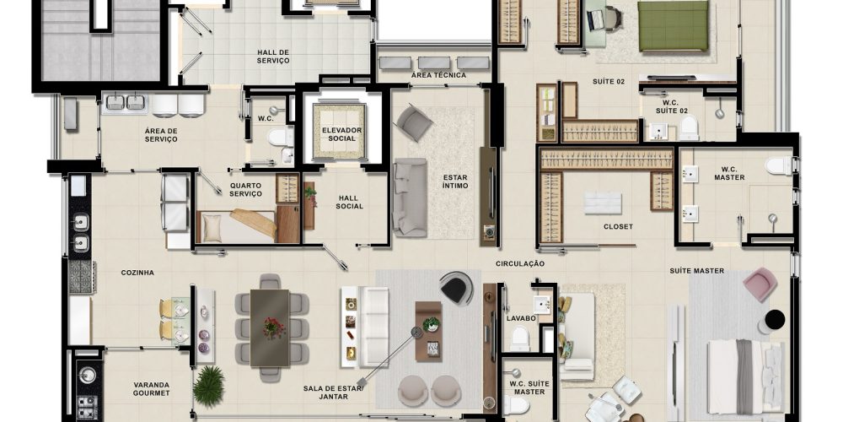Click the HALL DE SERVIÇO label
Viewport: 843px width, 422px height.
click(273, 57)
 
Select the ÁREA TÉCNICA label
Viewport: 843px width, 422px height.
click(438, 75)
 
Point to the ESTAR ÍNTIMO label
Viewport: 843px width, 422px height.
click(455, 181)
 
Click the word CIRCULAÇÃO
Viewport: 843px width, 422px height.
click(520, 263)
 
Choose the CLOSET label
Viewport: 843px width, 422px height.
click(618, 226)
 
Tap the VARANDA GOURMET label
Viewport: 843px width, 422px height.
click(151, 389)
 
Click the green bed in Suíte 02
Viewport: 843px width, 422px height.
click(673, 26)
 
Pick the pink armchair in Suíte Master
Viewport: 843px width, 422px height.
click(760, 284)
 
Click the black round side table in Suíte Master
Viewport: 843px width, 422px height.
click(775, 320)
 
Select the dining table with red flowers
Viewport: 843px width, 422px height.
click(270, 328)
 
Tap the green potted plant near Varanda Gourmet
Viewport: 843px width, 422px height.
click(208, 385)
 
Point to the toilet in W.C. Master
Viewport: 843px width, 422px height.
click(778, 165)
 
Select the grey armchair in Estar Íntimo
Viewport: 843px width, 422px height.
click(415, 122)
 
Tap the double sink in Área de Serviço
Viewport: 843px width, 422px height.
click(126, 102)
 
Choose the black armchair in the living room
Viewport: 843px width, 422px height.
click(456, 288)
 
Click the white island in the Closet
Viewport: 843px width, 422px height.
click(603, 203)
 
